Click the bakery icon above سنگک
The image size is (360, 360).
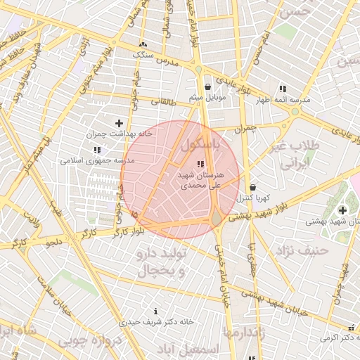pos(143,44)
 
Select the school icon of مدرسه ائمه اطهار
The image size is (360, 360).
pos(283,89)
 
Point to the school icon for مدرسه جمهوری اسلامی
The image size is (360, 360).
pos(96,150)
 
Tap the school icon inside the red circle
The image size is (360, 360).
pos(201,164)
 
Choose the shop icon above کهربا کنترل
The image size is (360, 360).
pos(252,188)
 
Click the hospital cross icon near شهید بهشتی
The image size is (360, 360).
pos(342,210)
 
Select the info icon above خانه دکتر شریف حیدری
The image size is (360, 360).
pos(155,311)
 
